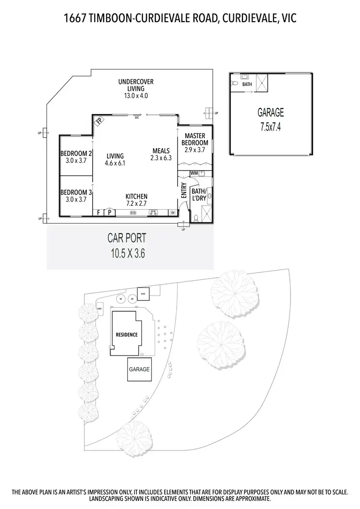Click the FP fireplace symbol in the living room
tap(99, 121)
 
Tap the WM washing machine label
tap(194, 173)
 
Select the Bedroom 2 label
tap(76, 154)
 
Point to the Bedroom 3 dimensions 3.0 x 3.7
tap(76, 199)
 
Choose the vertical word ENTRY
tap(183, 190)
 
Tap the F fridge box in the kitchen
tap(99, 213)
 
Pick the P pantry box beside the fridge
tap(109, 213)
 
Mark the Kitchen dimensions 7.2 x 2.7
tap(136, 203)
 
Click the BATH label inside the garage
tap(247, 84)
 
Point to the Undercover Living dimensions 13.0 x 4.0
tap(136, 95)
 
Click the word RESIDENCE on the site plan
tap(126, 334)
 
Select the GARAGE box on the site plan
tap(139, 369)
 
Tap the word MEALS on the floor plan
tap(160, 150)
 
